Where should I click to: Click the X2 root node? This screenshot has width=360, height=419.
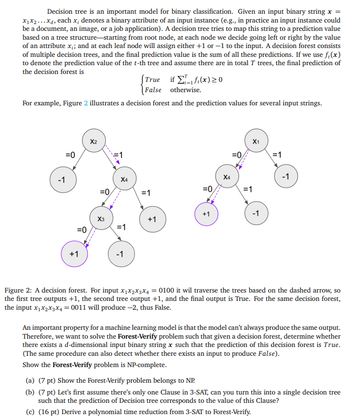[x=94, y=141]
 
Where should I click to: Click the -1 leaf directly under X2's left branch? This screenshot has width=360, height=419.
[x=61, y=179]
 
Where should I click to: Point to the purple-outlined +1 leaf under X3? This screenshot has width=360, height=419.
[x=73, y=254]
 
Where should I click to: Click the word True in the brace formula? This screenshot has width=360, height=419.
[x=152, y=80]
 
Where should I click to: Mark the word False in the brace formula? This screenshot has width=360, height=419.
[x=153, y=90]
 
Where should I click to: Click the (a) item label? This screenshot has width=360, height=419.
[x=30, y=381]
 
